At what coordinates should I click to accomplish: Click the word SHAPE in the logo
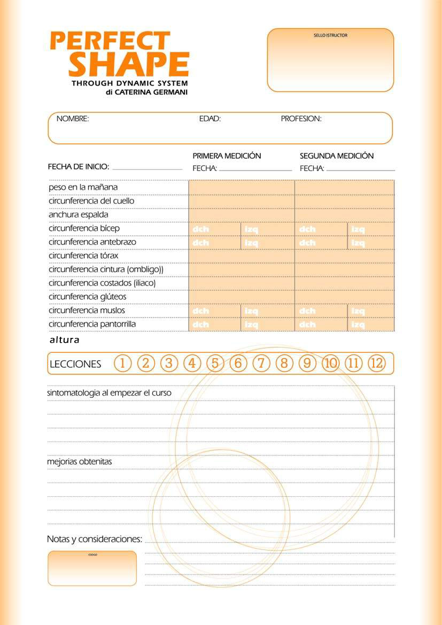[x=129, y=64]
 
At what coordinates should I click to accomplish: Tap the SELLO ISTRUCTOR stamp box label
[x=330, y=35]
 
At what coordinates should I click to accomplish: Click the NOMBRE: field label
[x=73, y=119]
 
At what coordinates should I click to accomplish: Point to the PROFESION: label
[x=301, y=119]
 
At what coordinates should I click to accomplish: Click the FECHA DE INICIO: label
[x=79, y=167]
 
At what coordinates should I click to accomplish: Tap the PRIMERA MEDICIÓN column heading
[x=227, y=156]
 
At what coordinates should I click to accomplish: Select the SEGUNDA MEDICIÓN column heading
[x=337, y=156]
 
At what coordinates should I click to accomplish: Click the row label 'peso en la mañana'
[x=83, y=187]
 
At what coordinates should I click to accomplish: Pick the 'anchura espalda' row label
[x=78, y=214]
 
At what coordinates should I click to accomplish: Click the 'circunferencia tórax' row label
[x=83, y=256]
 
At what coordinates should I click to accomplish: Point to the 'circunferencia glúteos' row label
[x=87, y=297]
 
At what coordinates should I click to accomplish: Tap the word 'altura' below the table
[x=64, y=340]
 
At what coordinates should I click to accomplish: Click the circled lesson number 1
[x=122, y=364]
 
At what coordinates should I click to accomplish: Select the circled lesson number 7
[x=261, y=364]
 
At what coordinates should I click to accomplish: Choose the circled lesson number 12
[x=376, y=364]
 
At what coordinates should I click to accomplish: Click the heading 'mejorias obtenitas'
[x=80, y=461]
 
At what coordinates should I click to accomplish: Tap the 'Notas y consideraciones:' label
[x=95, y=539]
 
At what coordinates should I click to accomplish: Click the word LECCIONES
[x=75, y=364]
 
